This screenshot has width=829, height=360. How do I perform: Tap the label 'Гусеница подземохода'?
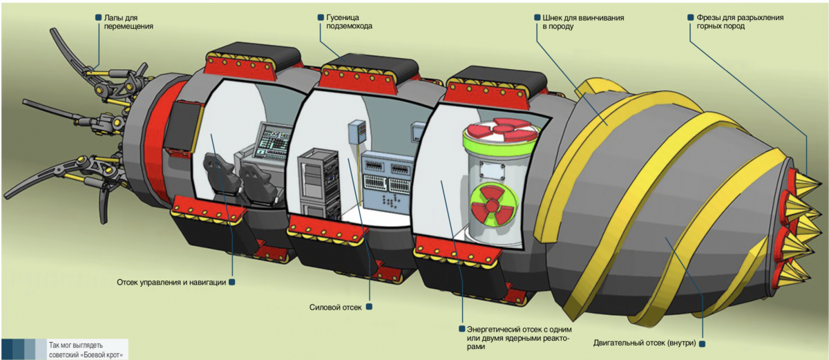[x=350, y=21]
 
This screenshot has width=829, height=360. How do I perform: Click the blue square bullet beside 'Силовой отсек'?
[x=369, y=306]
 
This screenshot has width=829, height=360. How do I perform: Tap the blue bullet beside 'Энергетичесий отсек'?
[x=461, y=329]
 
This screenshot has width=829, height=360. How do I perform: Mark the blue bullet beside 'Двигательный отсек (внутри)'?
[x=702, y=343]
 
